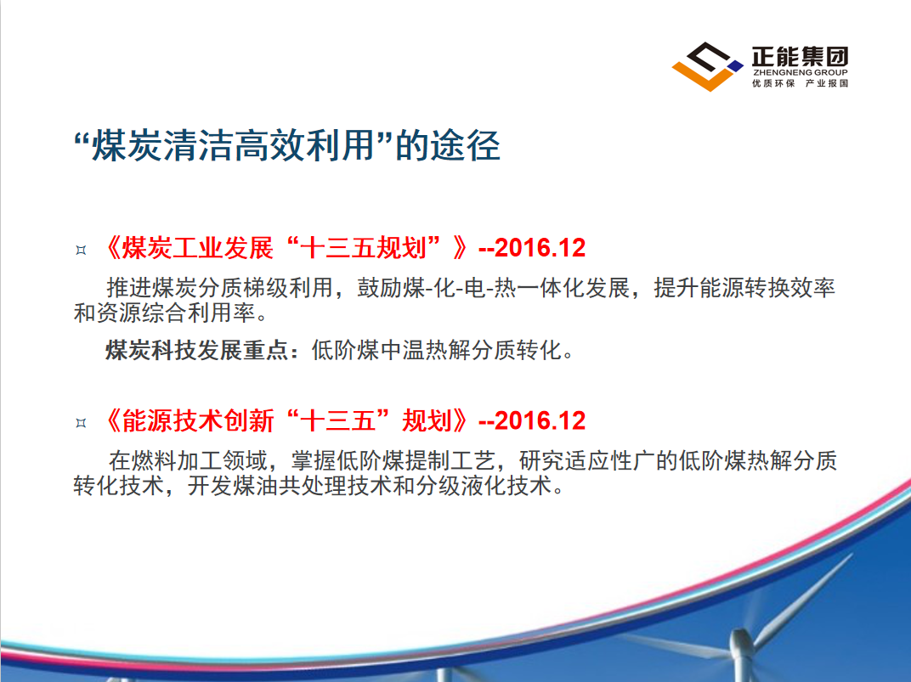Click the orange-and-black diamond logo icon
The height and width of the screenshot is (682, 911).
coord(707,66)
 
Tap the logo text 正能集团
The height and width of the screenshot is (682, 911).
coord(800,57)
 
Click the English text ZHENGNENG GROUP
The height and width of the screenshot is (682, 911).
coord(800,72)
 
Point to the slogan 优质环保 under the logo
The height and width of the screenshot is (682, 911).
coord(773,83)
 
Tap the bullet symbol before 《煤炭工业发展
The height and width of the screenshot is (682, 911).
coord(81,251)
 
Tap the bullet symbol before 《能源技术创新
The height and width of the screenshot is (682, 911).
coord(81,423)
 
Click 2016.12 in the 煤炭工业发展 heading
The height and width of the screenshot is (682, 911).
coord(540,248)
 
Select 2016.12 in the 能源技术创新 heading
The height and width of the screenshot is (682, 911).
coord(540,420)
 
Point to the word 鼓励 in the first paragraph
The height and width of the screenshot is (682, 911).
coord(379,288)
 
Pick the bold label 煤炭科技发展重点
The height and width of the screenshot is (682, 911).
coord(196,350)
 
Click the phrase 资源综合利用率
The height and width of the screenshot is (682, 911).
coord(176,313)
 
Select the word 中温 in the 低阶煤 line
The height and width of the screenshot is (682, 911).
coord(403,350)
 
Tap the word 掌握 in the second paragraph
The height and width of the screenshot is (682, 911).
coord(314,461)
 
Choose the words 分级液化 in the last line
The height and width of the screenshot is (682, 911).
coord(461,486)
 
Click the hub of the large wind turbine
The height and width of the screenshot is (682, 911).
coord(742,642)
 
